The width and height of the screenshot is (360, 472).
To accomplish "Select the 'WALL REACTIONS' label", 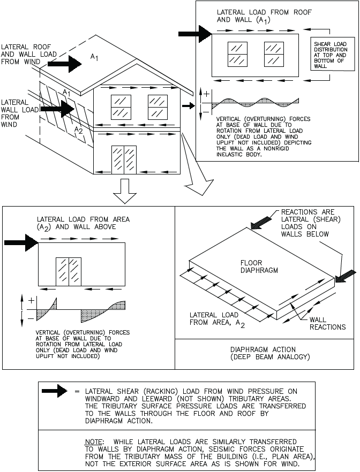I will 327,323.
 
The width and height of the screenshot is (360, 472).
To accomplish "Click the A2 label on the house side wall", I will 78,130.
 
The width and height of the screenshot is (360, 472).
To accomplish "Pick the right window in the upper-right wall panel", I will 274,54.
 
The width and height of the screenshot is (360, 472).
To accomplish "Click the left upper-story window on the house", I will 121,107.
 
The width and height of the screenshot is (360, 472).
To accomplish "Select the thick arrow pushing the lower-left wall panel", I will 20,243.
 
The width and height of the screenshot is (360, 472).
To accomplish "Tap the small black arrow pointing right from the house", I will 188,106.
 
